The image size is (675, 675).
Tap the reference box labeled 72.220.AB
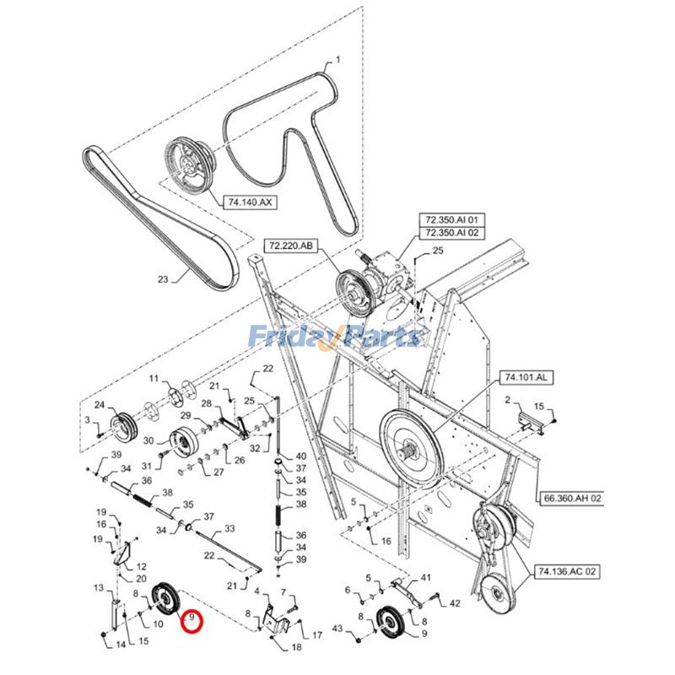(x=291, y=246)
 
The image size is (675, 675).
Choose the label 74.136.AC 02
(x=568, y=571)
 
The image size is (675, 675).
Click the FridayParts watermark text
(x=335, y=337)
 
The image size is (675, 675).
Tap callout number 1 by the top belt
(x=337, y=60)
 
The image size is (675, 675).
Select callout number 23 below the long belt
(x=163, y=279)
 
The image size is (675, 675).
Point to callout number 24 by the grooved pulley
(x=99, y=405)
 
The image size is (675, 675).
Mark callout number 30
(x=148, y=440)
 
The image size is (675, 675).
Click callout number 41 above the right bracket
(x=425, y=578)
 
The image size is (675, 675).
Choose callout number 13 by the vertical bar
(x=98, y=587)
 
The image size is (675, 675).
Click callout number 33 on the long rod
(x=228, y=531)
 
